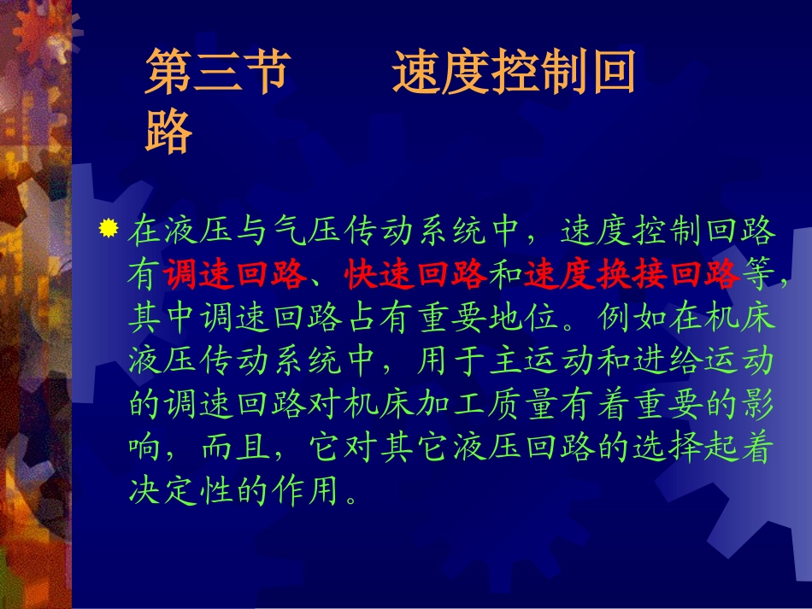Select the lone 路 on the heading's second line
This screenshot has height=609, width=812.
coord(168,132)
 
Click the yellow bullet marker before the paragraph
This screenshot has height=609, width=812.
coord(108,229)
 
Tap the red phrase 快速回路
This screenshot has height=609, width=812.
coord(415,274)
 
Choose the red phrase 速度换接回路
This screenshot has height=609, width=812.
coord(631,274)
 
